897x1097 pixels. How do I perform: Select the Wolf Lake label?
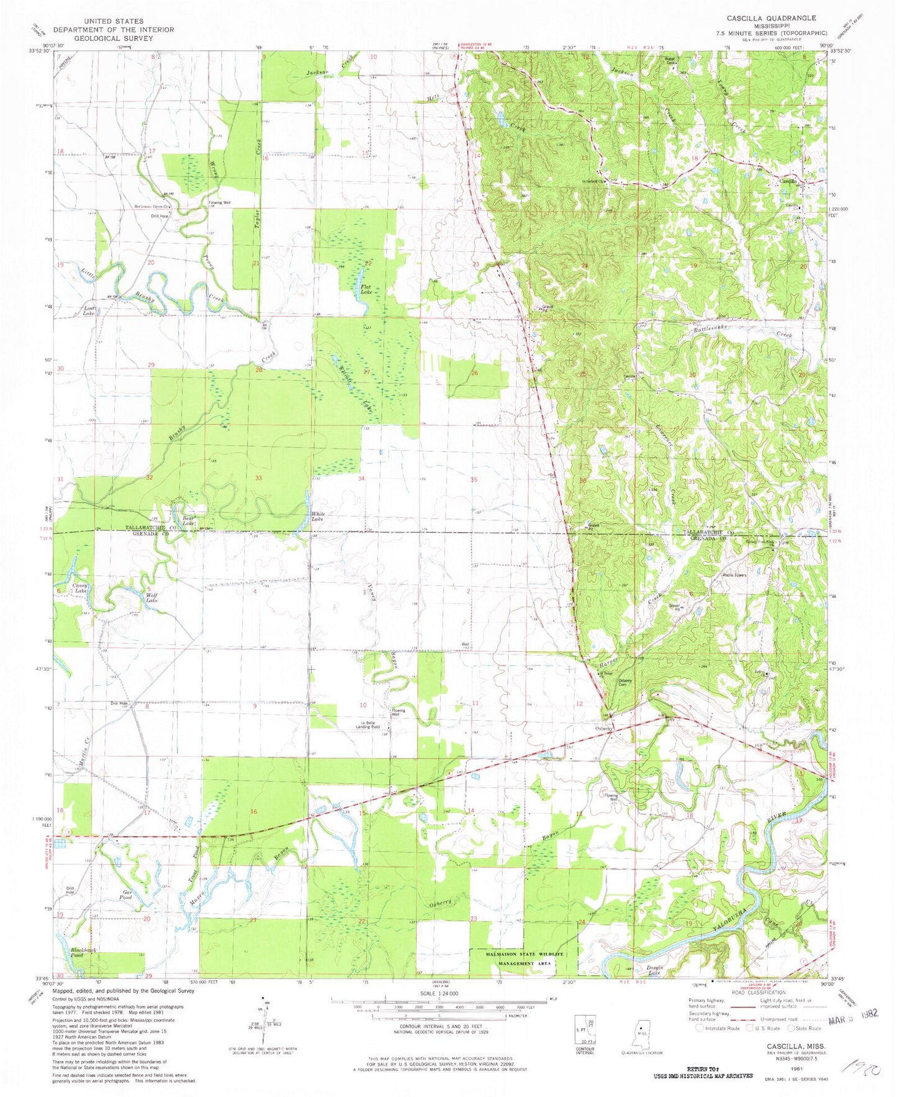(x=151, y=598)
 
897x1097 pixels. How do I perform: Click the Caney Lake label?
(x=81, y=588)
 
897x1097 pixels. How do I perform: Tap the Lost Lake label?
(x=84, y=311)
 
